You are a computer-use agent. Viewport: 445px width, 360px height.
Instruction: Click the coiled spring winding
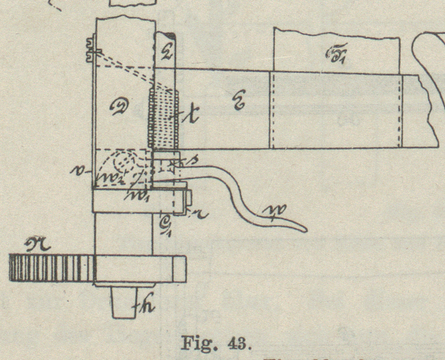pyautogui.click(x=163, y=119)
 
